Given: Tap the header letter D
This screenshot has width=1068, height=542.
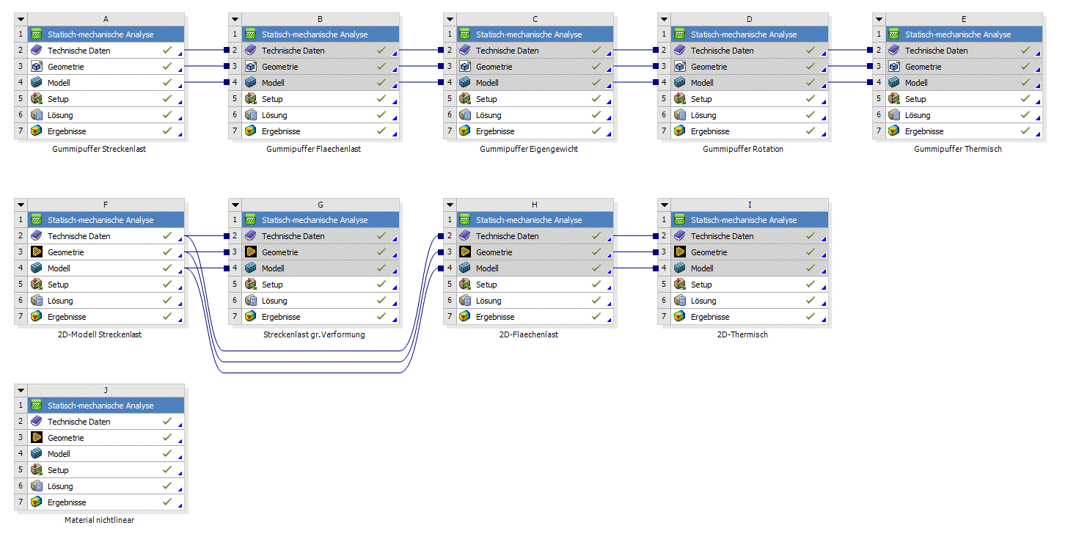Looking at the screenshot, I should (749, 19).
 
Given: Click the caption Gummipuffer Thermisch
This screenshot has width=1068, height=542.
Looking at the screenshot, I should (957, 149).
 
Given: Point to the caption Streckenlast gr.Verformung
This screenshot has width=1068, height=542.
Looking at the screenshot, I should (313, 334).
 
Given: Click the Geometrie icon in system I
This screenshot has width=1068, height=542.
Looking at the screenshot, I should (679, 252).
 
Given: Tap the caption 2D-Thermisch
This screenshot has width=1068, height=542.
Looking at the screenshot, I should (742, 334).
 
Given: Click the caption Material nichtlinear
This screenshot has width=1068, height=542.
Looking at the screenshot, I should (99, 520).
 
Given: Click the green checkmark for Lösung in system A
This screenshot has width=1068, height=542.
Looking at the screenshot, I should (167, 115).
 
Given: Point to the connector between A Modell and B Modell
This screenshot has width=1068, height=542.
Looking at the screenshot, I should (205, 83).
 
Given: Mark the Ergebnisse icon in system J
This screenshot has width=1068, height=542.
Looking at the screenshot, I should (36, 502).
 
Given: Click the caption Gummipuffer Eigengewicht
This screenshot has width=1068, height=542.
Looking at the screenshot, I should (528, 149).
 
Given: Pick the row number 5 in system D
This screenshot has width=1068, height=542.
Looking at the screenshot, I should (663, 99).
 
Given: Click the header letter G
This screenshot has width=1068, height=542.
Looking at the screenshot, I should (320, 205).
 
